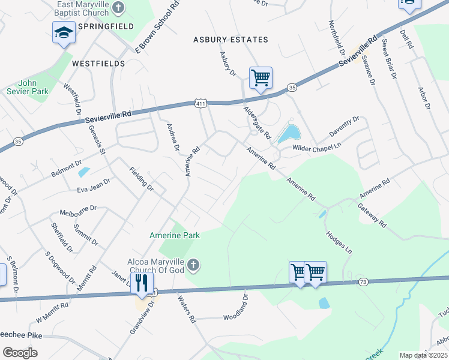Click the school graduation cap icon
tap(63, 34)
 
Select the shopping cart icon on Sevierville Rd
tap(261, 77)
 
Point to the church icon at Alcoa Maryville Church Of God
tap(193, 265)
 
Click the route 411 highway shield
tap(200, 104)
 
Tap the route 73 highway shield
tap(362, 281)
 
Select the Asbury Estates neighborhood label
tap(231, 40)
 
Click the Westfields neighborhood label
tap(98, 63)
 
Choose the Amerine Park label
tap(175, 235)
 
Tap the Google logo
tap(20, 353)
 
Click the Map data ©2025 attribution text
tap(423, 355)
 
